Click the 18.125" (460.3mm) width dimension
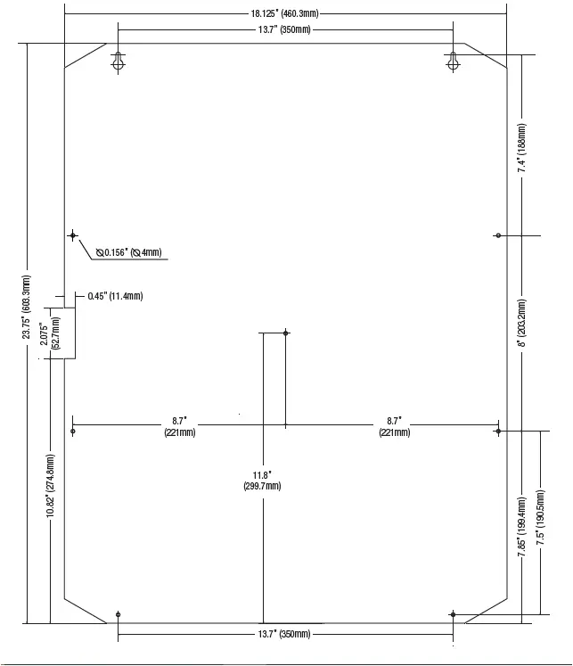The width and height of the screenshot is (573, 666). tap(284, 14)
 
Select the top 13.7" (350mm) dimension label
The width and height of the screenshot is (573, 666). tap(283, 30)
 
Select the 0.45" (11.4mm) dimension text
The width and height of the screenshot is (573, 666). tap(115, 296)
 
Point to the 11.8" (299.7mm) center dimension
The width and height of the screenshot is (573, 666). tap(262, 481)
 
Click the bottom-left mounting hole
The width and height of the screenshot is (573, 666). tap(118, 614)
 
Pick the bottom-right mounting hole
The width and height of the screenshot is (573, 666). tap(454, 614)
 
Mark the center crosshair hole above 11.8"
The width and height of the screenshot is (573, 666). tap(286, 333)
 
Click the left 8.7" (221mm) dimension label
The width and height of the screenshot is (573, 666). tap(179, 426)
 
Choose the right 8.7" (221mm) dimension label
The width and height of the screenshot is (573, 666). tap(394, 426)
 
